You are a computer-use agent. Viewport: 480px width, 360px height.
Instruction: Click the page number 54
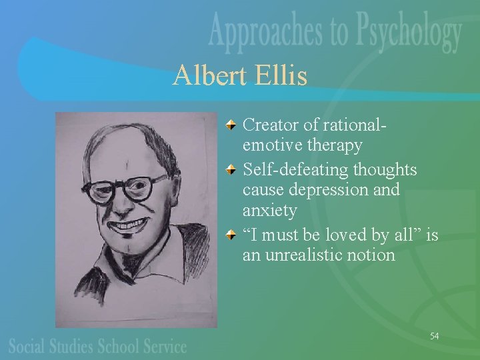click(434, 336)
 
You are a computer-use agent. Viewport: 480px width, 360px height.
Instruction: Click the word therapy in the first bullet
click(333, 145)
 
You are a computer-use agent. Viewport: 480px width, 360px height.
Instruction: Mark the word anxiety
click(270, 211)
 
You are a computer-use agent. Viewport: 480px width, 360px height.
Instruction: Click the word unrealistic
click(310, 255)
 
